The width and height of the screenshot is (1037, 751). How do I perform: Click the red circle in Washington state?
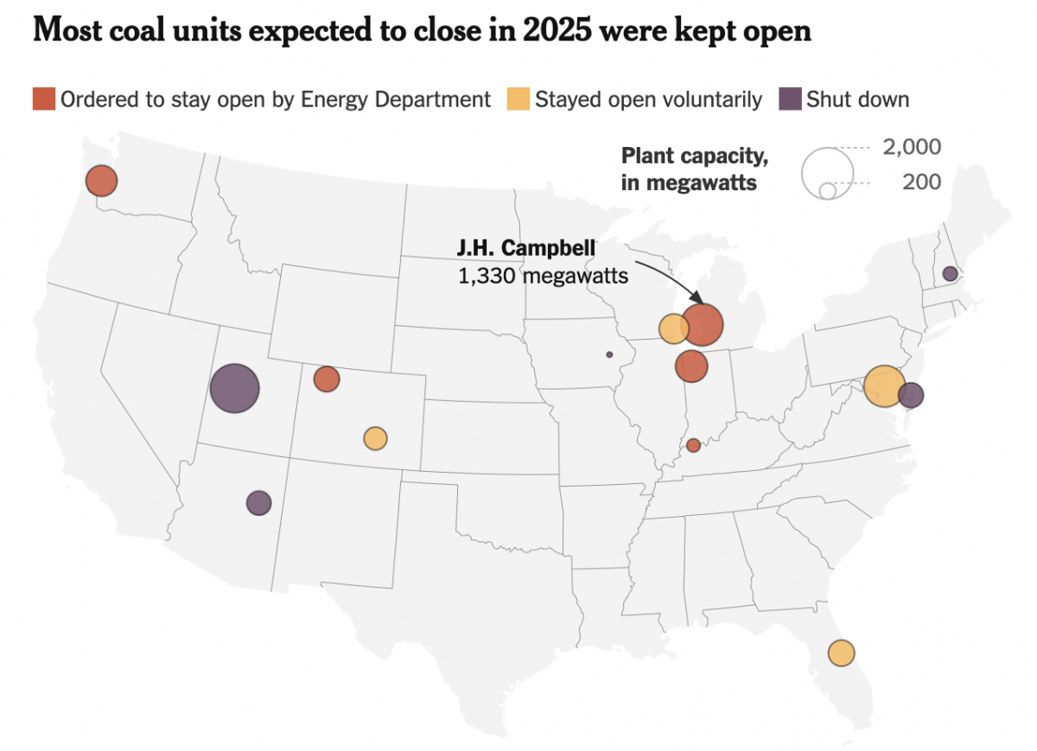[101, 181]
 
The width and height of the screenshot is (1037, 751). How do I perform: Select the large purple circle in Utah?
[235, 388]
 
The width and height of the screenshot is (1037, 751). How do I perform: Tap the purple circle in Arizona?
[258, 502]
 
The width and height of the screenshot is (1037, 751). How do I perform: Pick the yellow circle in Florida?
[841, 652]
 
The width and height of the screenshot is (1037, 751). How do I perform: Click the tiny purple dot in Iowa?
[609, 354]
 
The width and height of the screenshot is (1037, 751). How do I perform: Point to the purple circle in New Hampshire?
[950, 274]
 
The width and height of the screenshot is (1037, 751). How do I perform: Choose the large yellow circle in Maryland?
[884, 386]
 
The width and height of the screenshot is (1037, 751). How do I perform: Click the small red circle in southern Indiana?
[693, 445]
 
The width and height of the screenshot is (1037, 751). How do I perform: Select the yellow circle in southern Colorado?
[375, 438]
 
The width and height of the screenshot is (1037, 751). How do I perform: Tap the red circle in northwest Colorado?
[327, 379]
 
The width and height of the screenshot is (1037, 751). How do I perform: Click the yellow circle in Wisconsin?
[672, 328]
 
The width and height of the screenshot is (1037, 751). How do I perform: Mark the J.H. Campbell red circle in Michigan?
[702, 324]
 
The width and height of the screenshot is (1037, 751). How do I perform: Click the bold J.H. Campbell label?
[525, 248]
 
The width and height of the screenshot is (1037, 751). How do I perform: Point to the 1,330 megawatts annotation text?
[543, 277]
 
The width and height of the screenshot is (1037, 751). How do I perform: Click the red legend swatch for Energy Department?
[44, 99]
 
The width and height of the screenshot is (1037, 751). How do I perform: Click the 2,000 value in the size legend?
[912, 147]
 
